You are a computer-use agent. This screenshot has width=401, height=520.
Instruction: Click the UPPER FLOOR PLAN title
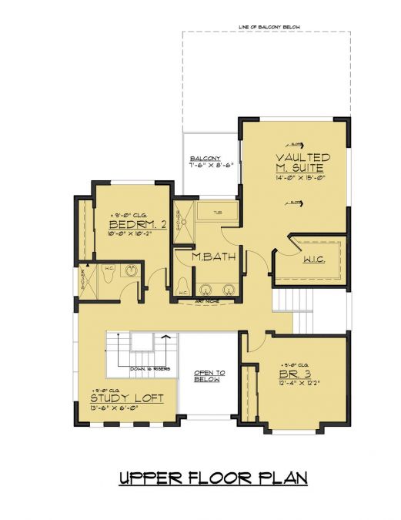tap(213, 478)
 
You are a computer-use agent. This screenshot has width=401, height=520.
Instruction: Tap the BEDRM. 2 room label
tap(138, 225)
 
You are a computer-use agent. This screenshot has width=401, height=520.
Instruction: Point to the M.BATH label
tap(208, 257)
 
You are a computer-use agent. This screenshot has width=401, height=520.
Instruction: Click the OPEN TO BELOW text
tap(207, 376)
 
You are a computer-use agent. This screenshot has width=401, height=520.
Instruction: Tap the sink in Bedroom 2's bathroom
tap(132, 271)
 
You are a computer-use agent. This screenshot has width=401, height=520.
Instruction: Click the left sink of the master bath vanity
tap(206, 290)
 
